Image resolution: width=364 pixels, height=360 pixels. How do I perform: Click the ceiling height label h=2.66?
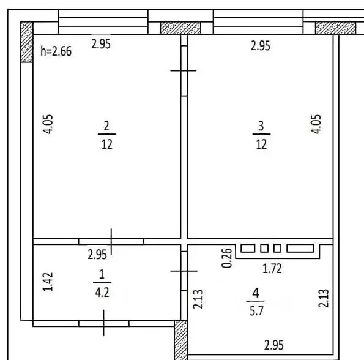tap(56, 52)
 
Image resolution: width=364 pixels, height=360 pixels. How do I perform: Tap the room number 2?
tap(106, 127)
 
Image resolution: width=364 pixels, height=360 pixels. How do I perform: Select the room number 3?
tap(261, 127)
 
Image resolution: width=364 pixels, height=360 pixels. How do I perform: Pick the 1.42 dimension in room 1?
tap(51, 282)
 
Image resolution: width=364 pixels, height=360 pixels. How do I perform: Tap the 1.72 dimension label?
tap(272, 268)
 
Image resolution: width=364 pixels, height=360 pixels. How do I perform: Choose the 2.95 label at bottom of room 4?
tap(273, 345)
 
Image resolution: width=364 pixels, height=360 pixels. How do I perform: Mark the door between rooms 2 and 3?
tap(184, 70)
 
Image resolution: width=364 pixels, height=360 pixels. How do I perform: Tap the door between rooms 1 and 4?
tap(184, 269)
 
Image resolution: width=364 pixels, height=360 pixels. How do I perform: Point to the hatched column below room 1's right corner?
tap(181, 340)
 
